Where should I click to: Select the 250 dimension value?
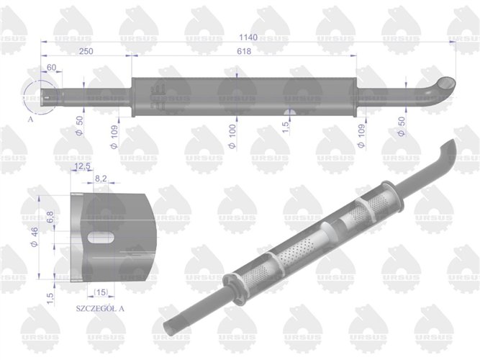86,51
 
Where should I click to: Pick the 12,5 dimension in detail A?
81,167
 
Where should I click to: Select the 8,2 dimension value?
101,177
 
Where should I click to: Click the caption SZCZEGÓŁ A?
100,307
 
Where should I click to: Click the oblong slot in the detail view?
100,237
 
